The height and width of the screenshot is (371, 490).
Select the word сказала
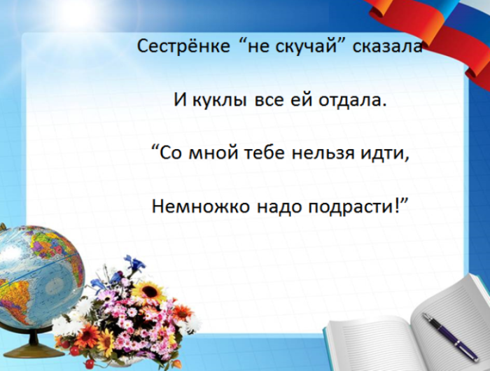pos(378,48)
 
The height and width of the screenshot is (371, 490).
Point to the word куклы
pos(214,100)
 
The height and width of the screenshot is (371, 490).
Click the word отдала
pos(352,99)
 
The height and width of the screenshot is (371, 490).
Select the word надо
pos(265,206)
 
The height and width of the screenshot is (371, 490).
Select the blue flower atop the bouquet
pos(134,265)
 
